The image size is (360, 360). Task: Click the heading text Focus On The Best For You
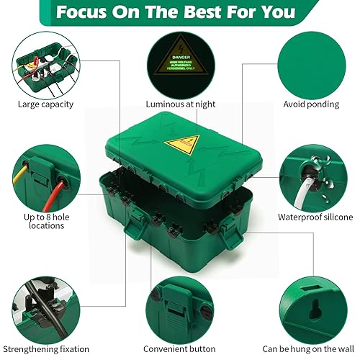(176, 12)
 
